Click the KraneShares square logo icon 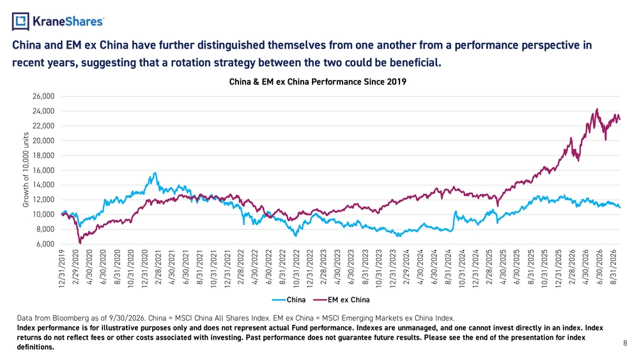20,21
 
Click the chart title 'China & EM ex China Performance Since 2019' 318,82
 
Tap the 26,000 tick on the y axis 43,96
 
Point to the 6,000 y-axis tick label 45,244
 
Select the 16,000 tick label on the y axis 43,170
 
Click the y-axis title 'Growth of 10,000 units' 26,169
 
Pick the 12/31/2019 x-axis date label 62,269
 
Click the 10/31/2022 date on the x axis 296,269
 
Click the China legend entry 289,300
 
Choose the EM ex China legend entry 341,300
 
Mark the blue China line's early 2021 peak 155,173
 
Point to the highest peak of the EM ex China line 597,109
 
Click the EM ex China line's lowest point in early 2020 80,244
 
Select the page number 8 625,343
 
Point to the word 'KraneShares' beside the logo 68,21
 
